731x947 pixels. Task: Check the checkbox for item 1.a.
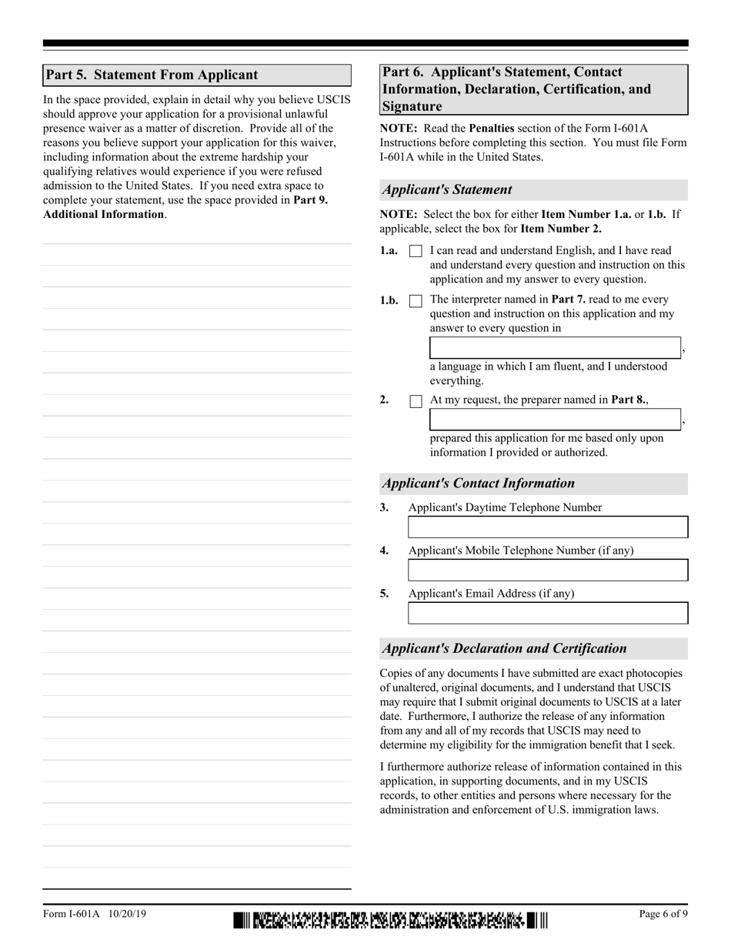click(x=416, y=251)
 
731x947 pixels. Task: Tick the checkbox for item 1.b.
click(x=416, y=300)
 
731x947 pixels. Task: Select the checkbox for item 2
click(x=416, y=400)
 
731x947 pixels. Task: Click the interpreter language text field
click(x=555, y=348)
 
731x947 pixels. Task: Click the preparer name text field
click(x=555, y=420)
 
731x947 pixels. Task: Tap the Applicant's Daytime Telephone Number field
click(x=547, y=527)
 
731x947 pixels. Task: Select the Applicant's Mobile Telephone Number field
click(x=547, y=571)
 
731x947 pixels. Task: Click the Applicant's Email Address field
click(x=547, y=614)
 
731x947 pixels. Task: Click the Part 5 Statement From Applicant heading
click(x=152, y=75)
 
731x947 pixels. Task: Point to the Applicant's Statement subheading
click(x=447, y=190)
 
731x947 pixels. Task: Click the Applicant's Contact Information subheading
click(x=479, y=484)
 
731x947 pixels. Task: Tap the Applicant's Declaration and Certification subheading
click(x=505, y=648)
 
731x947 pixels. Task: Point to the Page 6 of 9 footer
click(x=663, y=914)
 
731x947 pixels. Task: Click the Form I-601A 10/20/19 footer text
click(x=95, y=914)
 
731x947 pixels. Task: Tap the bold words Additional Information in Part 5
click(x=103, y=214)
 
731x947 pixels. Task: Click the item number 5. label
click(x=385, y=594)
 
